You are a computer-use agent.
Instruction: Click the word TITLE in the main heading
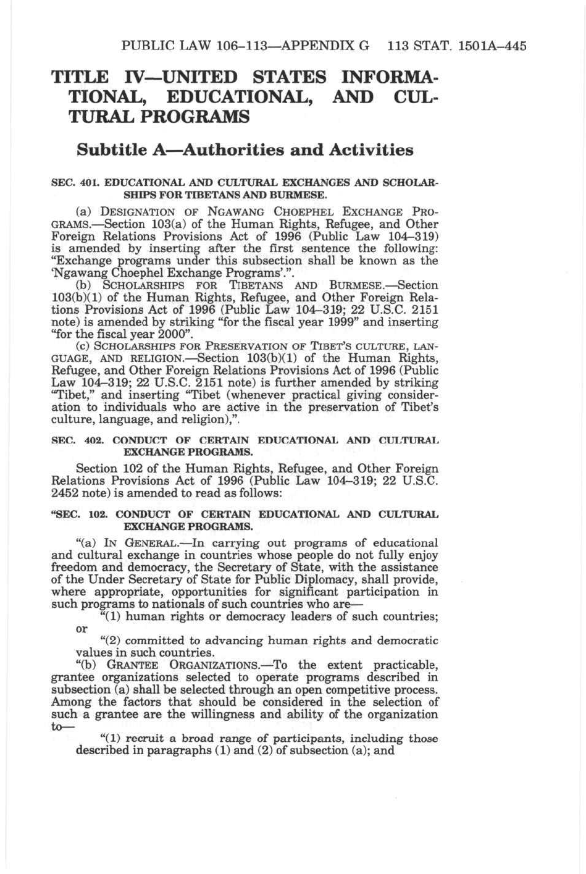point(80,78)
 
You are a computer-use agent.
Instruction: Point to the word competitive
point(326,689)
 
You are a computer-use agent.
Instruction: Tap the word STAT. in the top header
point(421,46)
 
